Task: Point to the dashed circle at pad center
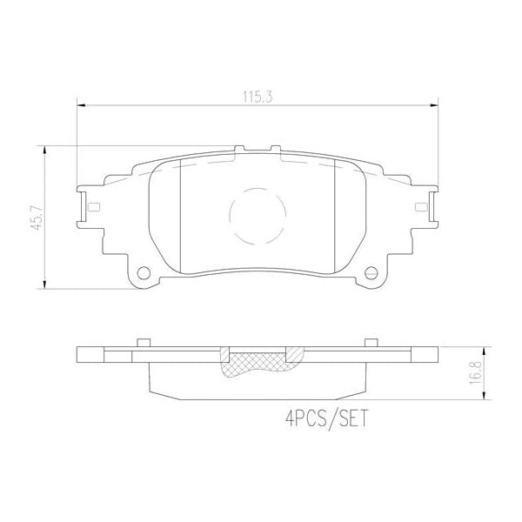(258, 215)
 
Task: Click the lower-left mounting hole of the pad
(143, 271)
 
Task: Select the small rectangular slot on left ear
(93, 206)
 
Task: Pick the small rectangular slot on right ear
(421, 206)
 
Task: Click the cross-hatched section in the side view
(258, 362)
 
